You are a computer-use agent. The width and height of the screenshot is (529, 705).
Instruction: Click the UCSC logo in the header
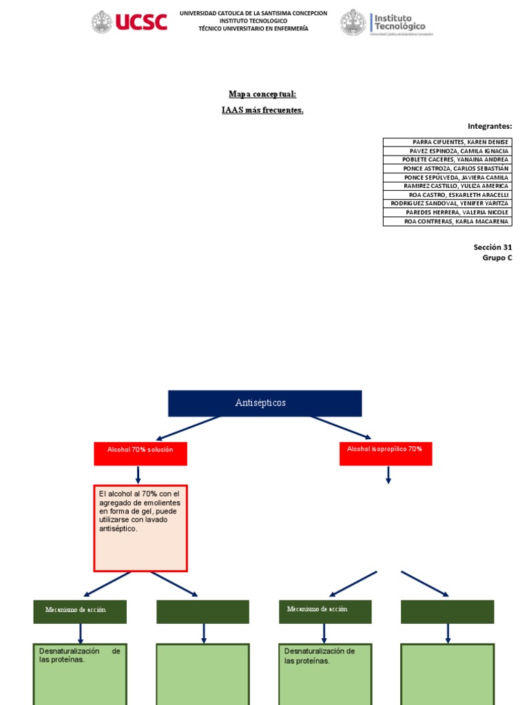tap(129, 22)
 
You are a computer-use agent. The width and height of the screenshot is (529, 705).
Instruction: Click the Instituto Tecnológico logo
tap(387, 23)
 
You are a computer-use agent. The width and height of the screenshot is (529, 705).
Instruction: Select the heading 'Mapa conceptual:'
tap(262, 94)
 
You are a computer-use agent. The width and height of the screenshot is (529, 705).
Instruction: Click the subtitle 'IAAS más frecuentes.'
tap(262, 110)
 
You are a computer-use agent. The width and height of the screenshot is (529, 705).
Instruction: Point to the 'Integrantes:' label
tap(490, 126)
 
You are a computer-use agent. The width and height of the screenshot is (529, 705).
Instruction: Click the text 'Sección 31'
tap(492, 246)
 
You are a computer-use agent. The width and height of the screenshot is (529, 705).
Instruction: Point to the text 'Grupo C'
tap(497, 258)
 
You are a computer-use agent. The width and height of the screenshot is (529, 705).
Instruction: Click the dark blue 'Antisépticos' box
tap(264, 403)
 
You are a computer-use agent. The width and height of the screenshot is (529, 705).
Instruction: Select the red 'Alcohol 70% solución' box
tap(141, 453)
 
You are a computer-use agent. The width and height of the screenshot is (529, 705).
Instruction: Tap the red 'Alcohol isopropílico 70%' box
tap(386, 453)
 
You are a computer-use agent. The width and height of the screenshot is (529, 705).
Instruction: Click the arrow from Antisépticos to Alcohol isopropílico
tap(340, 427)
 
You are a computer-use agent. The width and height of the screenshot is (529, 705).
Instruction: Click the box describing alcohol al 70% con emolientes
tap(141, 528)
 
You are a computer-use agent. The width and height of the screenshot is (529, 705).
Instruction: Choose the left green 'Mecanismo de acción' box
tap(80, 611)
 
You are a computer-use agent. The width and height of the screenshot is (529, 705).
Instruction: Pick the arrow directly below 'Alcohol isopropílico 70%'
tap(388, 475)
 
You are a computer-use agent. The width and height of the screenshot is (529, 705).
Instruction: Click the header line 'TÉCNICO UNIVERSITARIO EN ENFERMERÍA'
tap(253, 29)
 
